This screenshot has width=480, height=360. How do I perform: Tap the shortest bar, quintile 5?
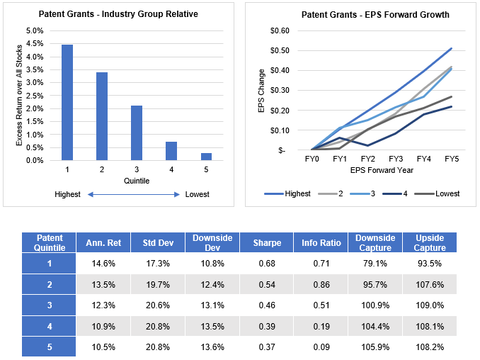tap(205, 157)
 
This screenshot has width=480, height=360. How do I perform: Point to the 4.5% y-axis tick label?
tap(34, 44)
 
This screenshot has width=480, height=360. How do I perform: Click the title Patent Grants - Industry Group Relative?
tap(118, 14)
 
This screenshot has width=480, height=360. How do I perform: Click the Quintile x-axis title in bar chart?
tap(136, 181)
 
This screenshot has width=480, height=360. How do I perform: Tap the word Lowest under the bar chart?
tap(198, 195)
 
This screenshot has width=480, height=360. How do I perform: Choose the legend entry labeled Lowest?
tap(447, 193)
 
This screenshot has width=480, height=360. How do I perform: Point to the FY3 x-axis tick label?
tap(396, 160)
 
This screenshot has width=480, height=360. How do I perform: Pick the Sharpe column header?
tap(268, 243)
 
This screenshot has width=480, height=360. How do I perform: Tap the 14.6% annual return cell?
tap(104, 264)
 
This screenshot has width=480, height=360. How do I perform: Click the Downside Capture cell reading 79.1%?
tap(376, 264)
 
